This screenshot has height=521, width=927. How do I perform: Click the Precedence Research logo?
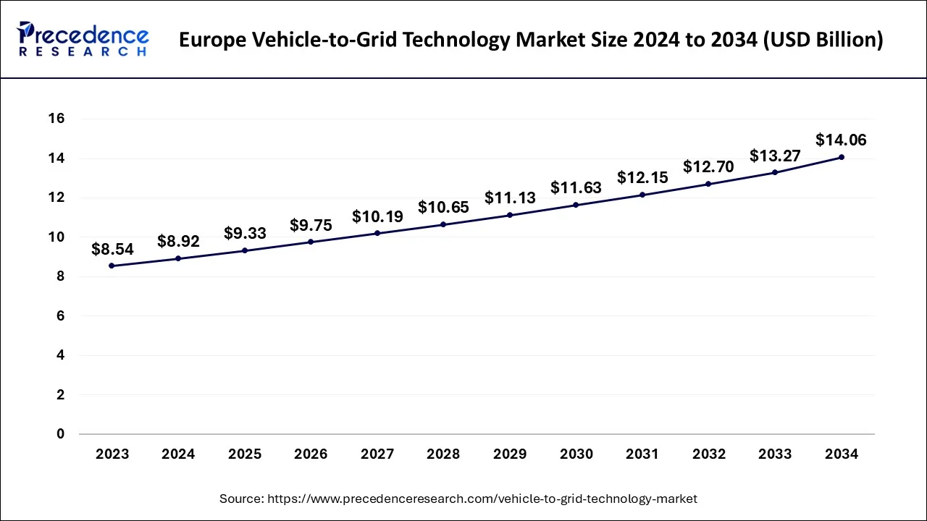click(83, 39)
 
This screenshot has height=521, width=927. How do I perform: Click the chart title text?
click(531, 40)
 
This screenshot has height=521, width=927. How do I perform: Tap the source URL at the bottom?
click(458, 499)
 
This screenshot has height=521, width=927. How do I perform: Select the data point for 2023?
click(112, 266)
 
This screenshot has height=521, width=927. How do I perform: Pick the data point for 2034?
click(841, 157)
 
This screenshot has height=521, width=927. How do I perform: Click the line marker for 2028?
click(443, 224)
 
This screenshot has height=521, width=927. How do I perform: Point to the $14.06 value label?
click(841, 140)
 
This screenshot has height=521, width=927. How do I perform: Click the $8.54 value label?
click(112, 249)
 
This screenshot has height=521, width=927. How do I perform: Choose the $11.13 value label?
click(510, 198)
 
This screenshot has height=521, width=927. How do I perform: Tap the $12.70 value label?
click(708, 167)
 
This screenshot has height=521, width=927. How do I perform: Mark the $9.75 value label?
click(311, 225)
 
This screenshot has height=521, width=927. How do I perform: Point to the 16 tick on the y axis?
click(56, 119)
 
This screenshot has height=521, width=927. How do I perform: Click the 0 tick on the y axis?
click(61, 434)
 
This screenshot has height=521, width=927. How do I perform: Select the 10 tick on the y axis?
click(56, 237)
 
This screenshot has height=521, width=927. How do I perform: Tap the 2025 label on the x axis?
click(245, 454)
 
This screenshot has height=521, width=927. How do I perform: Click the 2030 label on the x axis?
click(576, 454)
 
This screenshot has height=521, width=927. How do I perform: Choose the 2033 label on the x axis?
click(774, 454)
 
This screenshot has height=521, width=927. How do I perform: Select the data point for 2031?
click(642, 195)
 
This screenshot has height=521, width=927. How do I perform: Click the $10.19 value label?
click(377, 216)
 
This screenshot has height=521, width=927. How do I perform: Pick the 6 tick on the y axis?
click(61, 316)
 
